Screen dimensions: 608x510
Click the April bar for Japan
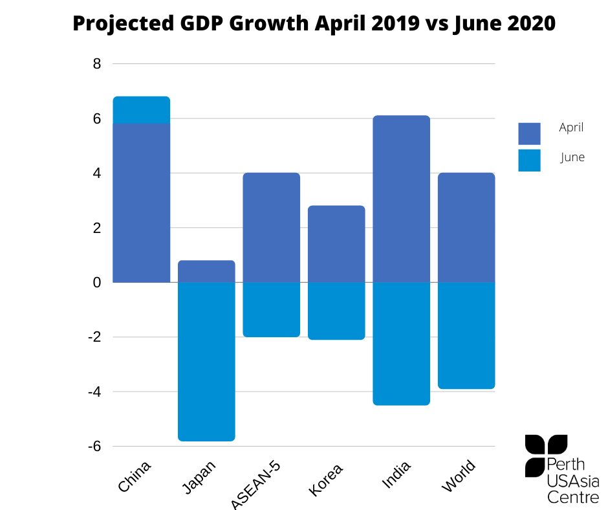click(206, 271)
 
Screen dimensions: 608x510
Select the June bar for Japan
click(206, 362)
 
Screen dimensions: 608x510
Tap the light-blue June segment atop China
click(142, 110)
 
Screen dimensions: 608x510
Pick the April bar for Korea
click(336, 244)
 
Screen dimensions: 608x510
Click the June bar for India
click(401, 344)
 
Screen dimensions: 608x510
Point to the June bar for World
click(466, 336)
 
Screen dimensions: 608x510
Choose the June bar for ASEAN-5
click(272, 310)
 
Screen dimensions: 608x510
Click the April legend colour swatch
click(529, 133)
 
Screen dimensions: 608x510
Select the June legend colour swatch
click(529, 161)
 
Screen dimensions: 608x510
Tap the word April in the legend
click(571, 127)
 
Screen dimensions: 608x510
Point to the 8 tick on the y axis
click(97, 63)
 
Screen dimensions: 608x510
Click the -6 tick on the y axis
click(94, 447)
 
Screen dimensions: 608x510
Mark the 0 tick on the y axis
click(97, 283)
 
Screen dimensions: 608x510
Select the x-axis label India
click(396, 474)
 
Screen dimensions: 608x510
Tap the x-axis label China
click(134, 476)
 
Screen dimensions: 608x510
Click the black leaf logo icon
click(545, 455)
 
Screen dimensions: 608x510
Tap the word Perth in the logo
click(566, 464)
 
